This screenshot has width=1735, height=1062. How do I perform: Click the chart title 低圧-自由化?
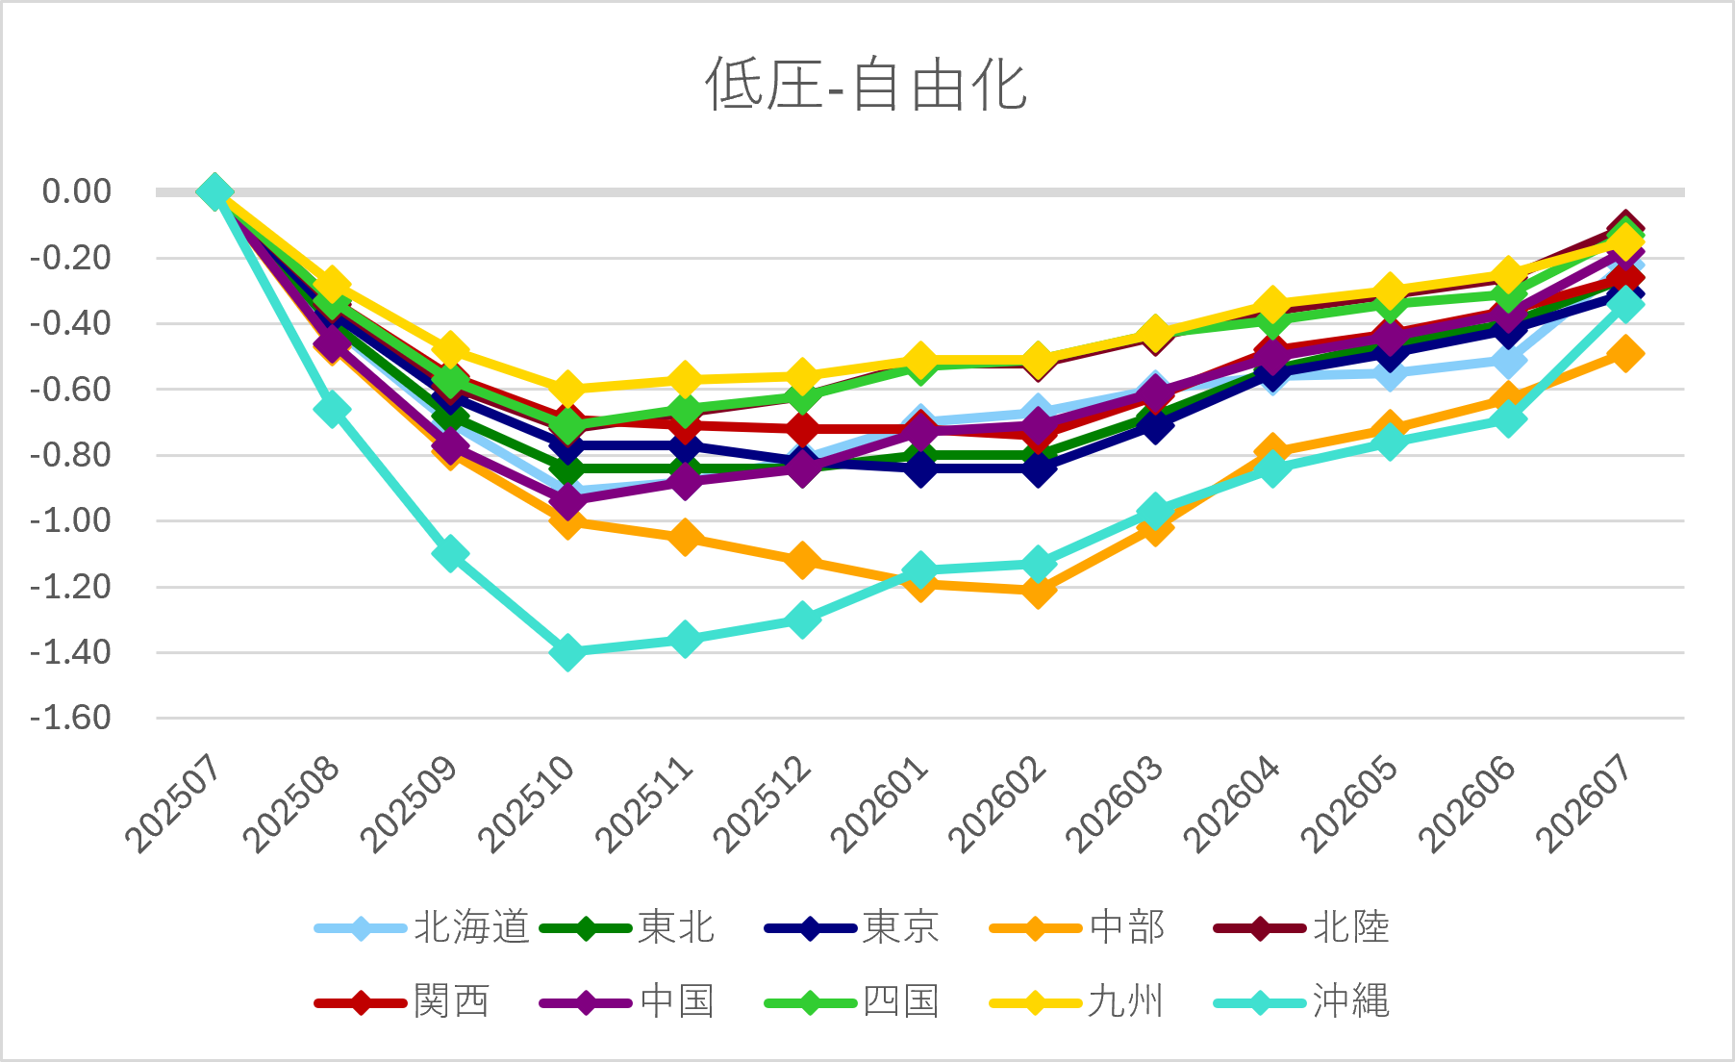click(867, 85)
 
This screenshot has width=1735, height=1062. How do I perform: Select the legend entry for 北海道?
click(422, 928)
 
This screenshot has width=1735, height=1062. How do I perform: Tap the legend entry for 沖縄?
click(1302, 1002)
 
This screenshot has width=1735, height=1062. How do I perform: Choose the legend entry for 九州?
click(1077, 1002)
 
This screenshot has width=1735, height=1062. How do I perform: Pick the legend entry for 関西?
click(403, 1002)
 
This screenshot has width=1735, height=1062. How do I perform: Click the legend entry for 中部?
click(1077, 928)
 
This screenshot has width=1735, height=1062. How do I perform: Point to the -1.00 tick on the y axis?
click(70, 520)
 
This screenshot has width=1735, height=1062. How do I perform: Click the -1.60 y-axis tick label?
click(70, 718)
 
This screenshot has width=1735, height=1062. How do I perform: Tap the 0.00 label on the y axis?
click(77, 191)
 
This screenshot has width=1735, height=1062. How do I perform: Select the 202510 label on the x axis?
click(528, 804)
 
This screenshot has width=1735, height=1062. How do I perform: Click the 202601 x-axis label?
click(881, 804)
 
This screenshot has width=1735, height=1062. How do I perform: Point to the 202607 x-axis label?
click(1586, 804)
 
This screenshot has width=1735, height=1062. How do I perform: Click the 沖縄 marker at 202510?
click(567, 652)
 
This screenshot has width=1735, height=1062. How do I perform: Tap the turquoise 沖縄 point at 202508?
click(332, 410)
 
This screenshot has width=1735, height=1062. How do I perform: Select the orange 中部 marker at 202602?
click(1038, 590)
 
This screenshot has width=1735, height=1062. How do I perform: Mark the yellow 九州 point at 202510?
click(567, 389)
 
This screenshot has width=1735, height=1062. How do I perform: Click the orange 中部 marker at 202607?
click(1625, 353)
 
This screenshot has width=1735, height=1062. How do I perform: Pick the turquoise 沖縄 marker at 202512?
click(802, 619)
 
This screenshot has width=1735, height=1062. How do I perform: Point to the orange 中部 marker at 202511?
click(685, 537)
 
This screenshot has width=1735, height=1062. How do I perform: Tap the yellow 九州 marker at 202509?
click(450, 349)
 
